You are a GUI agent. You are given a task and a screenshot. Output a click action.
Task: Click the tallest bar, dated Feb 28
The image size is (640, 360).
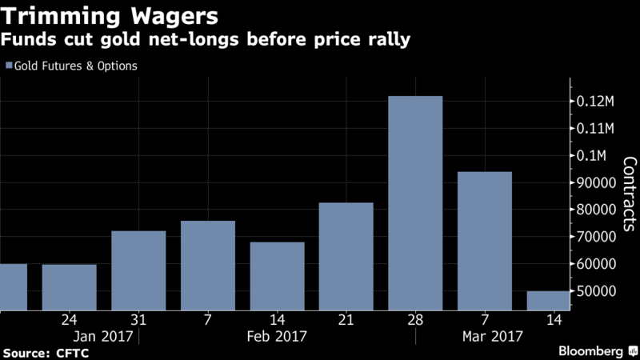[415, 203]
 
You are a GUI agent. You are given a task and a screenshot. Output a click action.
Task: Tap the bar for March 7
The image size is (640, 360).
[485, 241]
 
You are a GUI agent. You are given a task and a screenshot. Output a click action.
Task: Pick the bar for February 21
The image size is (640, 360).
[346, 256]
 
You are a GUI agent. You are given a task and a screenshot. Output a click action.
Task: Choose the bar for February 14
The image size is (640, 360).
[277, 276]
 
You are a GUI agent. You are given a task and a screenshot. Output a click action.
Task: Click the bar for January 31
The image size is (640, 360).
[138, 270]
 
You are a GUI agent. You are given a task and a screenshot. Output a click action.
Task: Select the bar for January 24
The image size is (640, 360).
[69, 286]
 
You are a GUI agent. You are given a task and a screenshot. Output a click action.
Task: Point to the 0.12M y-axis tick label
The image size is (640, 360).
[597, 102]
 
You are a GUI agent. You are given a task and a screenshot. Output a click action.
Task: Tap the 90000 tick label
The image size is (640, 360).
[598, 182]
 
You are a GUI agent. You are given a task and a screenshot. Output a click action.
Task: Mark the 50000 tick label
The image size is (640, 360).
[598, 290]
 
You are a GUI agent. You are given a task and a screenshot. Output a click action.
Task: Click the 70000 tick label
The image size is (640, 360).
[598, 237]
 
